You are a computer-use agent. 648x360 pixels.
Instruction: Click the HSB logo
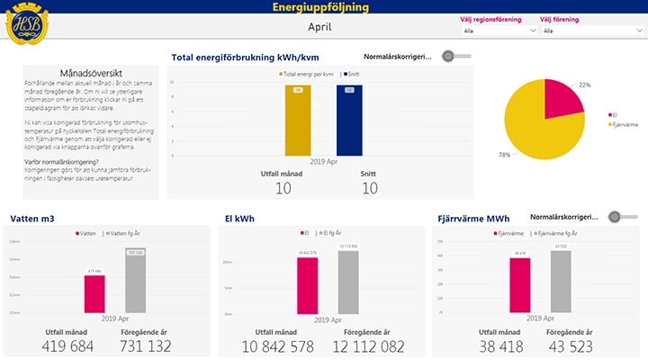pos(28,26)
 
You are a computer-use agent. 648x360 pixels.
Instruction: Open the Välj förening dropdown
pos(589,31)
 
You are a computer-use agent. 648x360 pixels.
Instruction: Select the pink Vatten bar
pos(94,292)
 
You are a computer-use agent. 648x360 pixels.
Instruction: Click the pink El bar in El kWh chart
pos(308,283)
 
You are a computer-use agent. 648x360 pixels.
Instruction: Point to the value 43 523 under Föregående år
pos(565,346)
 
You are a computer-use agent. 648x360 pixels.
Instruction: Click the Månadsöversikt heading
pos(90,71)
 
